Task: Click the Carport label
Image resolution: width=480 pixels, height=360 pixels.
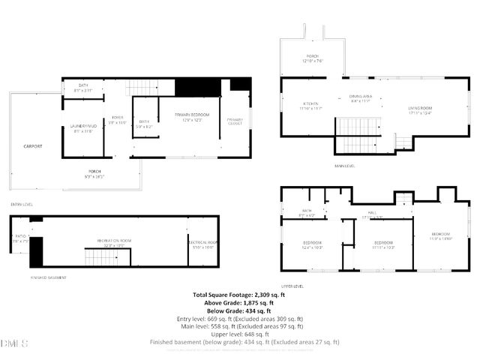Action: click(x=32, y=145)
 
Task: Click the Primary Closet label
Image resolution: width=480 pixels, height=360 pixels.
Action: click(x=235, y=121)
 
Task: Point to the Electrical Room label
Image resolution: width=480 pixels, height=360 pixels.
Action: click(x=202, y=243)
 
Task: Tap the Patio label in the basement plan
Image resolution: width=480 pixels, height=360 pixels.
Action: click(x=20, y=238)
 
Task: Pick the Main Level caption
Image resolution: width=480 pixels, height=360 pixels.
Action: click(x=345, y=166)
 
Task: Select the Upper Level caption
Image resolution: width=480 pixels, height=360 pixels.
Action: click(x=292, y=286)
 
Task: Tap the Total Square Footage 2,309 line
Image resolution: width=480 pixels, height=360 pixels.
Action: click(x=239, y=295)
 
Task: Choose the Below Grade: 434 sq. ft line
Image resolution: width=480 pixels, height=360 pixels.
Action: click(x=239, y=310)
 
